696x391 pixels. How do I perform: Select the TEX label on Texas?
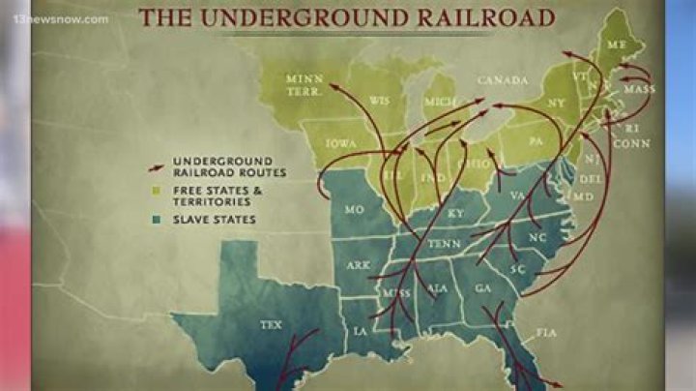(272, 325)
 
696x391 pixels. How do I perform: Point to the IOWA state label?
(339, 142)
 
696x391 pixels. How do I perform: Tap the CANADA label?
(503, 79)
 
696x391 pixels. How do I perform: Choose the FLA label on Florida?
(546, 332)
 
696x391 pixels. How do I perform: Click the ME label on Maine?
(615, 44)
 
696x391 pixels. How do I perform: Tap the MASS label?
(639, 90)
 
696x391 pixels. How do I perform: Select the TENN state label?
(446, 244)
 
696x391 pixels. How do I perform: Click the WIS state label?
(379, 100)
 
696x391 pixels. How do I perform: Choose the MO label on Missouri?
(354, 209)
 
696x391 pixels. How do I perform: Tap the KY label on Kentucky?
(455, 213)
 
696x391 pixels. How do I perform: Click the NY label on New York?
(555, 103)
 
